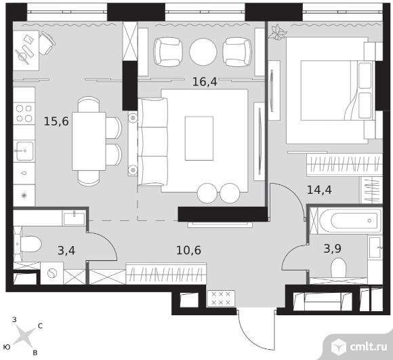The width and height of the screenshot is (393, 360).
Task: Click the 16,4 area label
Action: coord(205,82)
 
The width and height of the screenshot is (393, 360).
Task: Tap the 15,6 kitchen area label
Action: coord(56,121)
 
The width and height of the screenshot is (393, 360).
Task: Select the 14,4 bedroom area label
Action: coord(319,190)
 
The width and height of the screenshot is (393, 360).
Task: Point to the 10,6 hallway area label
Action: coord(188,250)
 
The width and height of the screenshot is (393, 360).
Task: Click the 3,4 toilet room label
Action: coord(66,250)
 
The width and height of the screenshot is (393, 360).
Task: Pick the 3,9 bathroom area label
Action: coord(332,248)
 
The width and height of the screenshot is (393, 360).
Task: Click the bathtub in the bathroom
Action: coord(350,220)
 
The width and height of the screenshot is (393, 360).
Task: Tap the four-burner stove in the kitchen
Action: coord(24,113)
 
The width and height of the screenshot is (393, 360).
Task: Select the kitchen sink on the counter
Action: coord(24,151)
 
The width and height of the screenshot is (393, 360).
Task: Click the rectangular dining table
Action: coord(89,141)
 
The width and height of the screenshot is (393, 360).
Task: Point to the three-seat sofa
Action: coord(152,142)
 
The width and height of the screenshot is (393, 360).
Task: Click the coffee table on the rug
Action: coord(199,138)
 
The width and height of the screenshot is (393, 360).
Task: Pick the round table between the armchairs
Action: coord(203,52)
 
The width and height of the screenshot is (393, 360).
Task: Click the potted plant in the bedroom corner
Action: coord(277,32)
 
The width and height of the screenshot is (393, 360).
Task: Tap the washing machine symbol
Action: coord(52,273)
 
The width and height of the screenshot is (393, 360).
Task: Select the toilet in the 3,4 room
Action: coord(28,244)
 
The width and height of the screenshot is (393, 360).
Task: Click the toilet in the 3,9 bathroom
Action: coord(338,268)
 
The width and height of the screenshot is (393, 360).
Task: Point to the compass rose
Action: coord(24,336)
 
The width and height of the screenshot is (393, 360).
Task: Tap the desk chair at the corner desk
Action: coord(47,43)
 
